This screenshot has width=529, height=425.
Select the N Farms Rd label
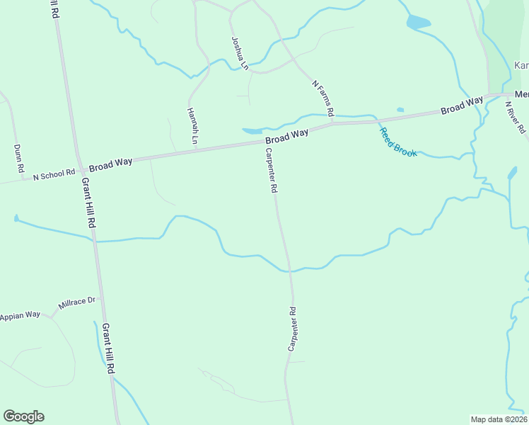point(322,98)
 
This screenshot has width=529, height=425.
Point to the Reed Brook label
point(398,142)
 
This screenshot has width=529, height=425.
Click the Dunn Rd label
point(19,160)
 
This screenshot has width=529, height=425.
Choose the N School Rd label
point(54,174)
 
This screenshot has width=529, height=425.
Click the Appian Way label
point(21,316)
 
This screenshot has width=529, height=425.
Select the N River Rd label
point(517,118)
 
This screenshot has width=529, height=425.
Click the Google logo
point(23,416)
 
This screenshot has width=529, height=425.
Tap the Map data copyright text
point(499,419)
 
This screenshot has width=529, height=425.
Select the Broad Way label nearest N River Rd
point(462,106)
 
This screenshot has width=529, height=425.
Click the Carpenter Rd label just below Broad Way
point(271,171)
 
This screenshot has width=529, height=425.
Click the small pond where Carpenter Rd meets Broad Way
point(252,131)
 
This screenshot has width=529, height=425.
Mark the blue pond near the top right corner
point(418,23)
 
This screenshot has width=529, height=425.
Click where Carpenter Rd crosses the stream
point(289,270)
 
